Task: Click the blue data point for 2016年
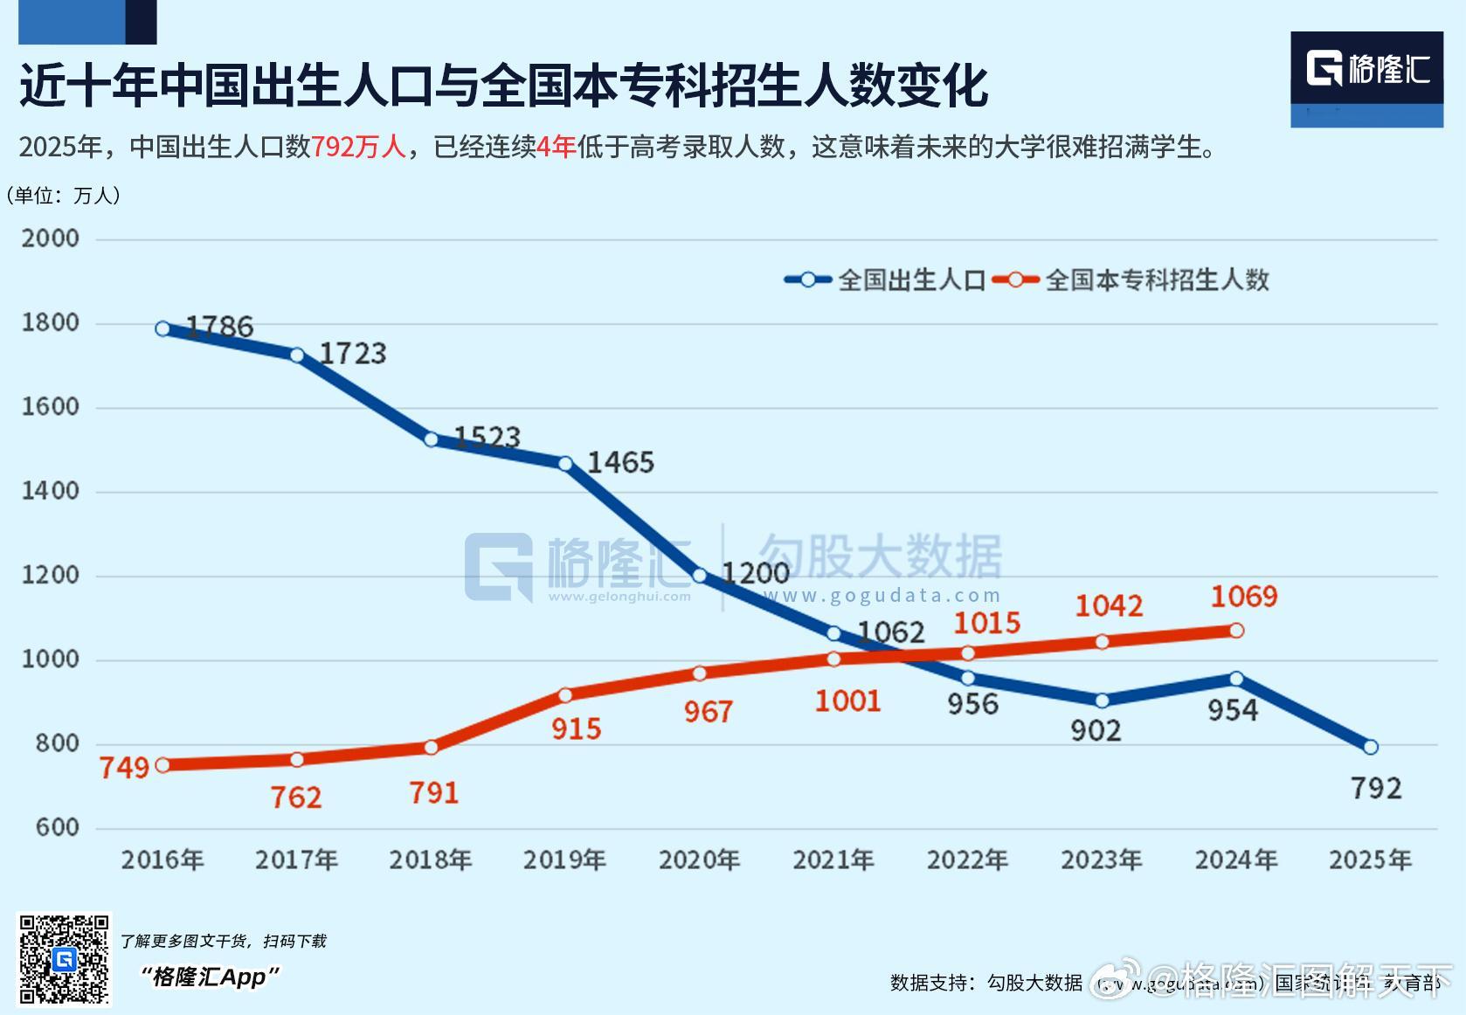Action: click(x=163, y=328)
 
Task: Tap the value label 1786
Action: click(x=219, y=327)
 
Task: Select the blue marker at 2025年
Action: click(x=1370, y=747)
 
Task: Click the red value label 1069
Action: click(x=1243, y=597)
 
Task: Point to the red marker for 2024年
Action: click(x=1236, y=630)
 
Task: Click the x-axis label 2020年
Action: click(x=699, y=860)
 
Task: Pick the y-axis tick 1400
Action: click(x=50, y=491)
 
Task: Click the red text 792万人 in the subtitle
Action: click(x=358, y=147)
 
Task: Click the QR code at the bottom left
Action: click(x=65, y=959)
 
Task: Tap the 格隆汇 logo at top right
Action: click(x=1366, y=69)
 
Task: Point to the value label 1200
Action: click(x=755, y=573)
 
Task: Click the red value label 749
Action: click(x=124, y=768)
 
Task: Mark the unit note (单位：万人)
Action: click(x=63, y=195)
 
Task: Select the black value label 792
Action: click(x=1376, y=789)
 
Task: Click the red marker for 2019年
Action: click(x=565, y=695)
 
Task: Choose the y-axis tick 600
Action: click(x=58, y=827)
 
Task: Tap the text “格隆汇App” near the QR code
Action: click(x=210, y=977)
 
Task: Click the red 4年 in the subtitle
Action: click(x=556, y=147)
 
